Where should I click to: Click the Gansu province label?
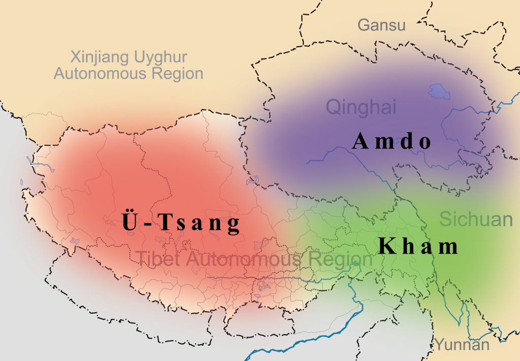click(x=381, y=25)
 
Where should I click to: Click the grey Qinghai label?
click(x=361, y=107)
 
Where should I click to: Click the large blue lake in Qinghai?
click(x=439, y=91)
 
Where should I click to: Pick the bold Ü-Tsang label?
click(x=180, y=223)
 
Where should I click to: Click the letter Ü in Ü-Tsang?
click(x=129, y=222)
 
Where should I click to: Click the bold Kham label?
click(x=418, y=247)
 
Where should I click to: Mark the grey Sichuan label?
click(x=476, y=219)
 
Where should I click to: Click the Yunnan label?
click(x=462, y=345)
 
